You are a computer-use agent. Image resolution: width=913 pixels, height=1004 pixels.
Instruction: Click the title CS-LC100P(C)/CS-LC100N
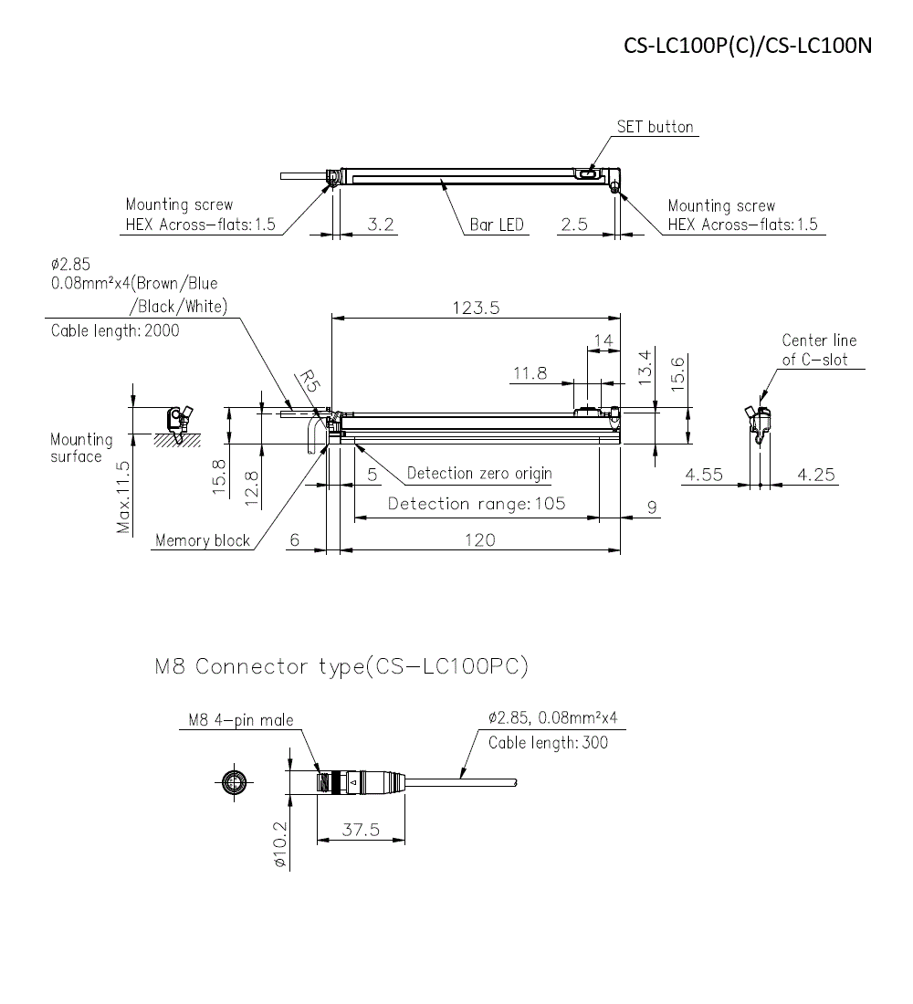tap(748, 46)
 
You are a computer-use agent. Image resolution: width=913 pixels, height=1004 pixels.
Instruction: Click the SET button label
tap(655, 127)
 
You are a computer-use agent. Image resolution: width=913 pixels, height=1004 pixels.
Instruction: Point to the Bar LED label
tap(497, 225)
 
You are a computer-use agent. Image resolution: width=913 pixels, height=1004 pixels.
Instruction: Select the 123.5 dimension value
tap(476, 308)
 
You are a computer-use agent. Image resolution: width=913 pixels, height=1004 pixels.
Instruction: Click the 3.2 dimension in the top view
tap(380, 224)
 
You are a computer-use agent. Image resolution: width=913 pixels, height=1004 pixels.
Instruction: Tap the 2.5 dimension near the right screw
tap(574, 224)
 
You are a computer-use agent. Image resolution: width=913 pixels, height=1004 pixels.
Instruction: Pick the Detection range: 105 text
tap(477, 504)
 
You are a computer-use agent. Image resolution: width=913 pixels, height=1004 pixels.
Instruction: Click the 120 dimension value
tap(479, 540)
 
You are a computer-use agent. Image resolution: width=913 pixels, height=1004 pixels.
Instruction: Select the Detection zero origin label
tap(479, 474)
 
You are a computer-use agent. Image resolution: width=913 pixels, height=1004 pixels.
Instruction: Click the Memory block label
tap(202, 540)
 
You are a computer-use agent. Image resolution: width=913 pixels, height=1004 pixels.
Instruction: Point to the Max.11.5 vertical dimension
tap(124, 497)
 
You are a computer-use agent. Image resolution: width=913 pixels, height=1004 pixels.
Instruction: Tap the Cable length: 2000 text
tap(115, 331)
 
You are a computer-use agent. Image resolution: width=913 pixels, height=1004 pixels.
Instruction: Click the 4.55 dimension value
tap(704, 475)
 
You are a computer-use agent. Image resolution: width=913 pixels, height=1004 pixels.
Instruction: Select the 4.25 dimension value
tap(815, 475)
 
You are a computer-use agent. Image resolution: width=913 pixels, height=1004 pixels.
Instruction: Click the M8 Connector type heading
tap(341, 667)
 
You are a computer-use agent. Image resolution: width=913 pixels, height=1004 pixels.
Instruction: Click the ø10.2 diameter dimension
tap(279, 844)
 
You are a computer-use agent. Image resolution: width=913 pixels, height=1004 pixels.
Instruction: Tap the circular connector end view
tap(235, 781)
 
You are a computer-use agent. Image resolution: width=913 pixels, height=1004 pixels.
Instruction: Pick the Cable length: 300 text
tap(548, 743)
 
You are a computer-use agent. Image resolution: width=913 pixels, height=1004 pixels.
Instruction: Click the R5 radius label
tap(310, 381)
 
